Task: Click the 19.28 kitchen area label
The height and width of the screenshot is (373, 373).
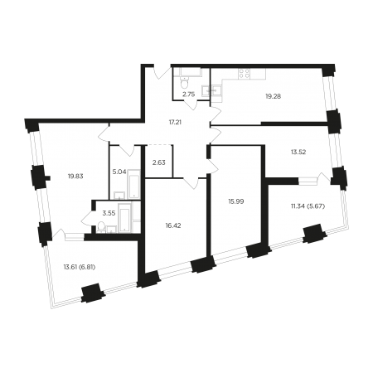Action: click(x=274, y=96)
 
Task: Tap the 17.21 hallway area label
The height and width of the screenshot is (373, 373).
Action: click(x=175, y=122)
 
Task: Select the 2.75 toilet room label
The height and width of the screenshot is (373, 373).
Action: click(x=189, y=94)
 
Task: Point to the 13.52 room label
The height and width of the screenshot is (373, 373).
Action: click(x=298, y=152)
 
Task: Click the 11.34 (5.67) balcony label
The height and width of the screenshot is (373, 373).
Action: click(x=308, y=206)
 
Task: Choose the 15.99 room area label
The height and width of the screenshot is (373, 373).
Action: click(x=236, y=201)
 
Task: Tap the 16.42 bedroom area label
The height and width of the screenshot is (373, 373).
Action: click(x=173, y=225)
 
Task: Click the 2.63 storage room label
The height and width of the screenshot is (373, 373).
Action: click(x=159, y=162)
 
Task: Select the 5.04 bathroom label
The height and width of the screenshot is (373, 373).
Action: click(x=119, y=172)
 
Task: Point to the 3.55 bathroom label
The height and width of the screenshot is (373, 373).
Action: click(x=109, y=213)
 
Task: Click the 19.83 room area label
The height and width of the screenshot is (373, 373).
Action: click(x=75, y=176)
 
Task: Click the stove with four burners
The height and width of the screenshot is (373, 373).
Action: click(x=245, y=73)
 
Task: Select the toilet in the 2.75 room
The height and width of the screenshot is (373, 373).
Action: click(x=184, y=82)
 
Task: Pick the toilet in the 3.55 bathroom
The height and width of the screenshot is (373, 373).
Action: click(x=102, y=227)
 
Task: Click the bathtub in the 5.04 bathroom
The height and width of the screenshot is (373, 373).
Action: click(x=133, y=183)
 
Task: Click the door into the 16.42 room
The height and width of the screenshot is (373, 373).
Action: click(x=191, y=183)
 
